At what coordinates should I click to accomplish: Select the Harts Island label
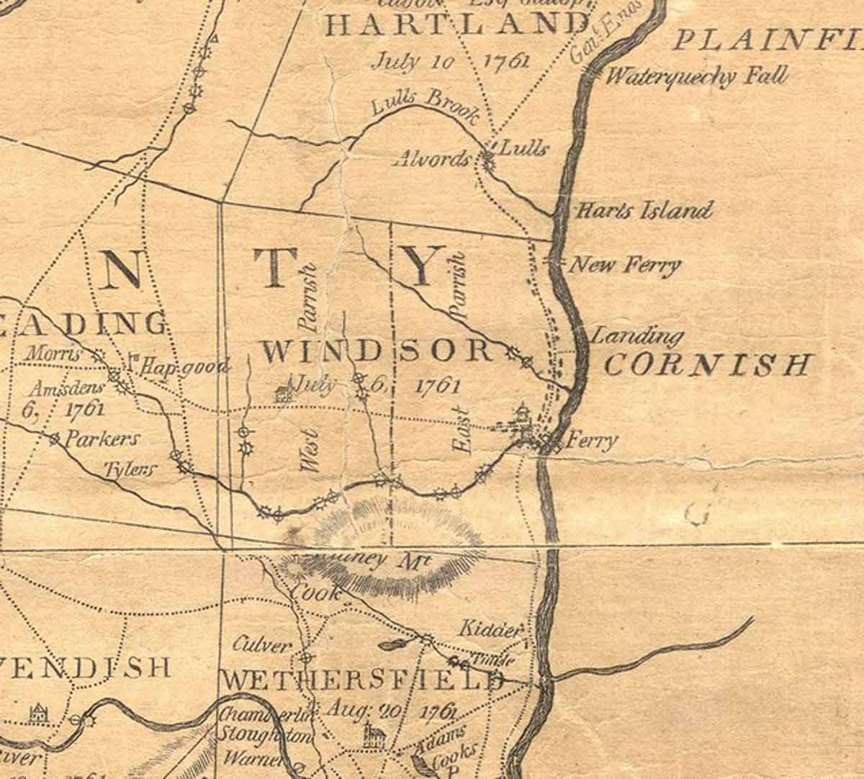tap(644, 211)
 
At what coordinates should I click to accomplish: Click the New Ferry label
tap(624, 266)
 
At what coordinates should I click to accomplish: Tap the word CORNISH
tap(706, 364)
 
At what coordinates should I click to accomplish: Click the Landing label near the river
tap(636, 336)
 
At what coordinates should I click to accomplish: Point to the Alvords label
tap(432, 158)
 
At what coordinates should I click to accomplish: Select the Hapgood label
tap(185, 366)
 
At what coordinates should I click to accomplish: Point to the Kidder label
tap(490, 630)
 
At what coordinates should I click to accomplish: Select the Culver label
tap(264, 646)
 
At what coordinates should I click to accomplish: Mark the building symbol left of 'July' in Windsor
tap(282, 393)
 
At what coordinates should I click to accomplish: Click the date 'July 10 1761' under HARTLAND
tap(449, 60)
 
